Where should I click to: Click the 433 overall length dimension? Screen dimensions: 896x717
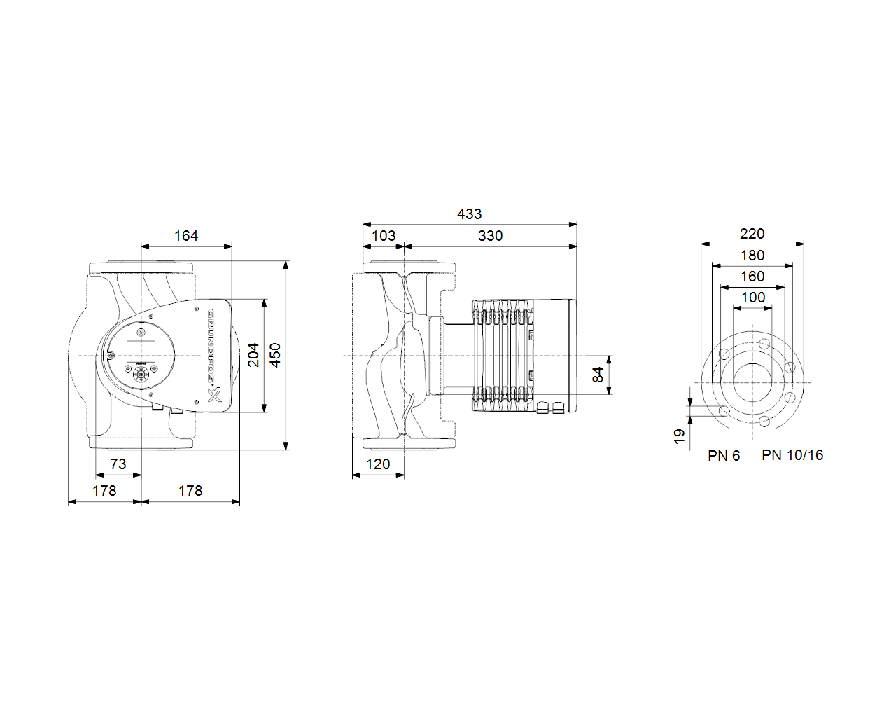[469, 214]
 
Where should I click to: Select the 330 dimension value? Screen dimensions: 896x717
[490, 236]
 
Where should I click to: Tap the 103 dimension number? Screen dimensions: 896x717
[384, 236]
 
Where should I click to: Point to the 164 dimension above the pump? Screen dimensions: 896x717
[186, 236]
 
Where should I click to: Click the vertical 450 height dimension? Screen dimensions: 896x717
[276, 355]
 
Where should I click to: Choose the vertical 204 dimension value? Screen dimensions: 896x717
[253, 355]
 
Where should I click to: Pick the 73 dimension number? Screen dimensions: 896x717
[118, 464]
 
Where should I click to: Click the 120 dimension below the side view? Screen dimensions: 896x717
[378, 464]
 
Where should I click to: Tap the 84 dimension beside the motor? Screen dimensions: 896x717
[598, 375]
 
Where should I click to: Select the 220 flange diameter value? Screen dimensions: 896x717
[752, 234]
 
